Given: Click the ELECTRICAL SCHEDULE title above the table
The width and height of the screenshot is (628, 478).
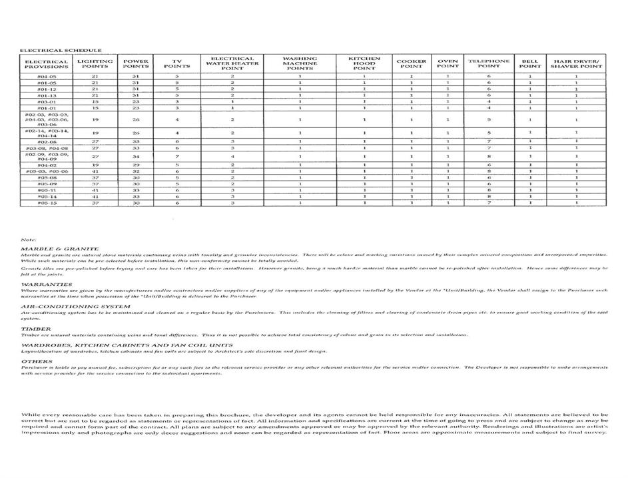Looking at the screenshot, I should [61, 50].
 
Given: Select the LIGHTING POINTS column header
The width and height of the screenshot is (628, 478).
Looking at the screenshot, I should [95, 63].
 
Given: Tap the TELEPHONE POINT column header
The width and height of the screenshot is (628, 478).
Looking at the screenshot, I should [489, 63].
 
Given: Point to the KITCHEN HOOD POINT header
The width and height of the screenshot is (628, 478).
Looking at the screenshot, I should [365, 63].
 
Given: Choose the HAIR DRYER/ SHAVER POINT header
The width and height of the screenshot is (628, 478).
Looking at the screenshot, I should [576, 63].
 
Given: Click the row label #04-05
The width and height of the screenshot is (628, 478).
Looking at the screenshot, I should [47, 77].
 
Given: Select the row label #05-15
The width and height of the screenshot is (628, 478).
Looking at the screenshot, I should [47, 203].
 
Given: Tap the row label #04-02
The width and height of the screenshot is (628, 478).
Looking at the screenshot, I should [47, 165].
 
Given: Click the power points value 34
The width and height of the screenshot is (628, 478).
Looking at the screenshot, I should [136, 157].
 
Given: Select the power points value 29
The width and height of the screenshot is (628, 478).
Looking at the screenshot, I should [136, 165].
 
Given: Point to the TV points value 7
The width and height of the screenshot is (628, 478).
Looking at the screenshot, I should [177, 157].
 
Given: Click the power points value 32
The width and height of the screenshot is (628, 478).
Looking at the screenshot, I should [136, 171].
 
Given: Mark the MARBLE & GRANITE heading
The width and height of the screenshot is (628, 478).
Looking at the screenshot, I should [55, 248].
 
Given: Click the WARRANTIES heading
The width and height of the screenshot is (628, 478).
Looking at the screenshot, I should [43, 284].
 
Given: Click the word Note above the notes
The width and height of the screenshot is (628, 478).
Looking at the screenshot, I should [29, 239].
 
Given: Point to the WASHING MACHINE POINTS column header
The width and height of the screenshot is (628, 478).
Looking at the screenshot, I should [300, 63].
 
